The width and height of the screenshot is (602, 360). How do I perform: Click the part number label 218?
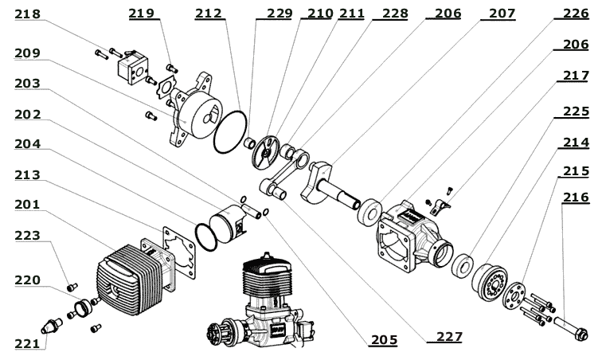coord(26,14)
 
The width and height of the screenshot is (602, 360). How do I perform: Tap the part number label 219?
coord(143,14)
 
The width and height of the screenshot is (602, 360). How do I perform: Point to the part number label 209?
coord(26,53)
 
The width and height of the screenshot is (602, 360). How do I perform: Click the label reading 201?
coord(26,205)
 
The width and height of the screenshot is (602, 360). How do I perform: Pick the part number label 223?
coord(26,235)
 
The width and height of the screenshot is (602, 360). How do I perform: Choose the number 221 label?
coord(26,343)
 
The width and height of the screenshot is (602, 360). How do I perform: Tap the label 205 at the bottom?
coord(384,340)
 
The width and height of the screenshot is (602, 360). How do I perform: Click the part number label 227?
coord(449,337)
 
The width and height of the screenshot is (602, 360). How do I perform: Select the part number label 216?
coord(576,197)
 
